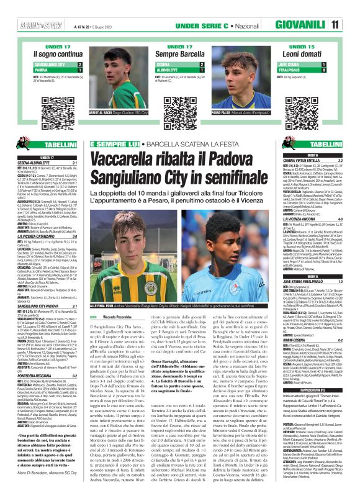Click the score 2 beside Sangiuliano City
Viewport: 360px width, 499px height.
(x=79, y=82)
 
